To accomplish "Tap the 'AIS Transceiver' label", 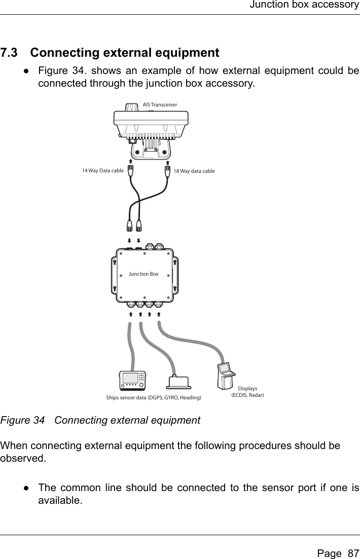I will (160, 104).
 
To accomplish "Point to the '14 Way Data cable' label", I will (102, 171).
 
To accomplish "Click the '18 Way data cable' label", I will (194, 171).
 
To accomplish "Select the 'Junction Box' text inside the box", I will (143, 274).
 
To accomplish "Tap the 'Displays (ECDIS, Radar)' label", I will (248, 391).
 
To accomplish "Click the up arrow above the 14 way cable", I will (130, 162).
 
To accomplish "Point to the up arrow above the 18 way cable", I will (167, 162).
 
